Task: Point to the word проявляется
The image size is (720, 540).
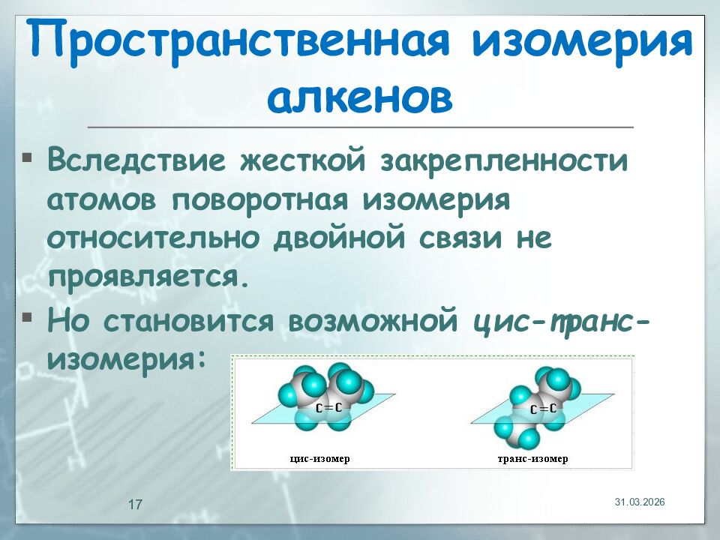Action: coord(147,277)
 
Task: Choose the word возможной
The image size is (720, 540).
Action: coord(373,320)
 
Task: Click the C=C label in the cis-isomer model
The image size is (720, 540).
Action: coord(328,407)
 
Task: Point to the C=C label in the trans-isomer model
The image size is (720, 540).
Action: coord(543,409)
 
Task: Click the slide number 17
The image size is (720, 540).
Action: coord(136,504)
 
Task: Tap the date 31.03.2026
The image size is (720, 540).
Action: coord(640,501)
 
